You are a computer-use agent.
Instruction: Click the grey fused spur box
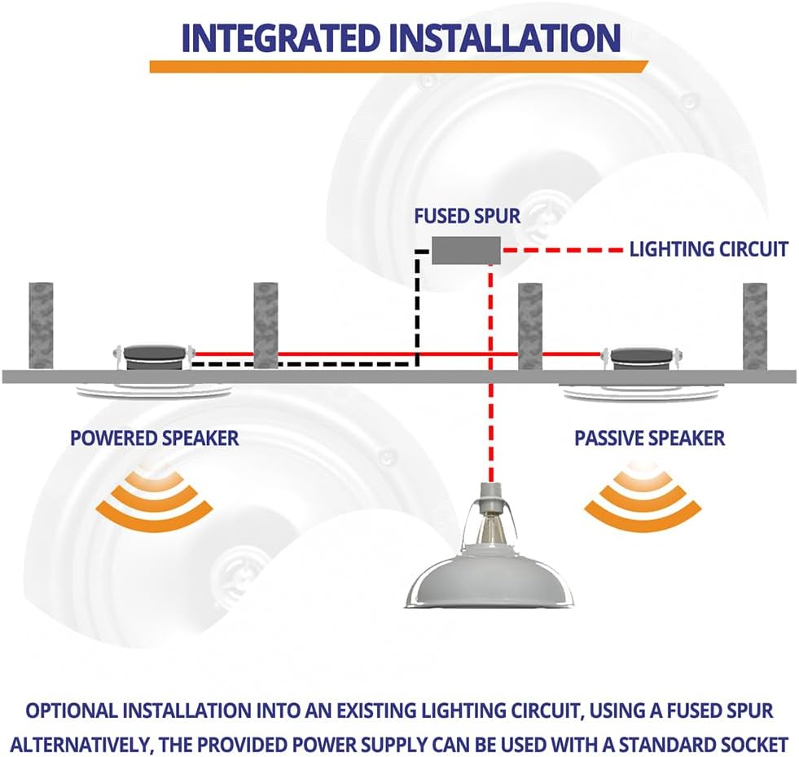(465, 250)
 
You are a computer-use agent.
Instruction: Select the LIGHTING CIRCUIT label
(708, 249)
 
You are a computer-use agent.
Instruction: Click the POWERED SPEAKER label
(154, 438)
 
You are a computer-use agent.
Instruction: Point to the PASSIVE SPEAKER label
(649, 438)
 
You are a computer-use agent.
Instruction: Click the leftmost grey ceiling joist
(41, 325)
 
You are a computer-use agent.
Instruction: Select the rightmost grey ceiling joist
(755, 325)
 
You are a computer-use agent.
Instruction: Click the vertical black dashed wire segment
(417, 310)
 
